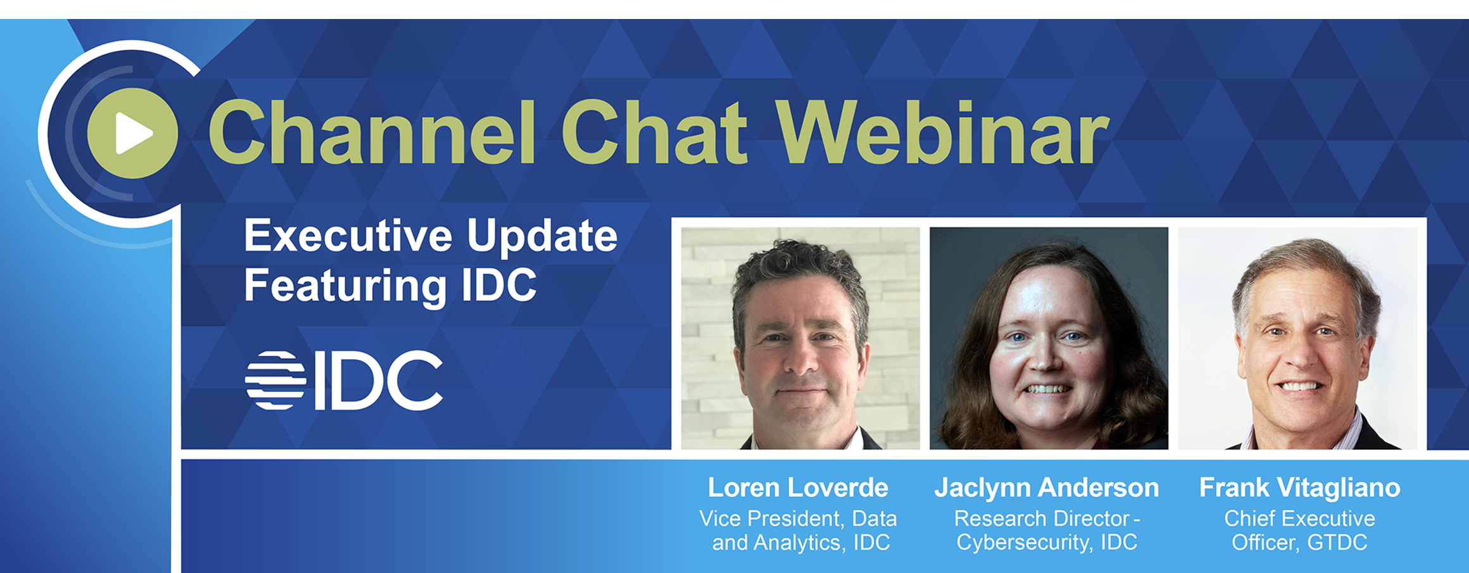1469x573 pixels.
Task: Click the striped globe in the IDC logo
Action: point(275,380)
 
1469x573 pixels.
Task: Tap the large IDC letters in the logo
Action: point(379,380)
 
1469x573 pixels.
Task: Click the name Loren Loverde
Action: point(798,488)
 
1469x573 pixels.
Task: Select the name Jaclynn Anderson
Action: point(1047,488)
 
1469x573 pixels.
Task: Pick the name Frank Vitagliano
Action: point(1299,488)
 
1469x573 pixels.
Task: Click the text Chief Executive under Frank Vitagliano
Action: point(1299,519)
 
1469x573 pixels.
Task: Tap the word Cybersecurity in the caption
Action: point(1024,543)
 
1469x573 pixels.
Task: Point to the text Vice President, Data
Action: point(798,519)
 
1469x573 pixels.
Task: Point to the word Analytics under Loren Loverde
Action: point(798,543)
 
